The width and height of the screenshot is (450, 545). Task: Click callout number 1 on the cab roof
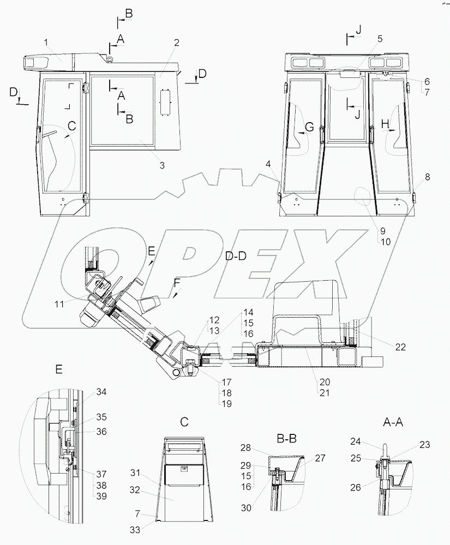[x=46, y=42]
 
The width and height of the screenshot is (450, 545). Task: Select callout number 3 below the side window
[x=162, y=165]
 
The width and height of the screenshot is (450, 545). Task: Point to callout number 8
[x=427, y=177]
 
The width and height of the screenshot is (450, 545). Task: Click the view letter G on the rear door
[x=309, y=127]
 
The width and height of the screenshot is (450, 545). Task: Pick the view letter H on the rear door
[x=385, y=125]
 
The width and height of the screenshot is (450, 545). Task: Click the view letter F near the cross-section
[x=176, y=282]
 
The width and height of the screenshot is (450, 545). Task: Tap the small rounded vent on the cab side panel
[x=165, y=102]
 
